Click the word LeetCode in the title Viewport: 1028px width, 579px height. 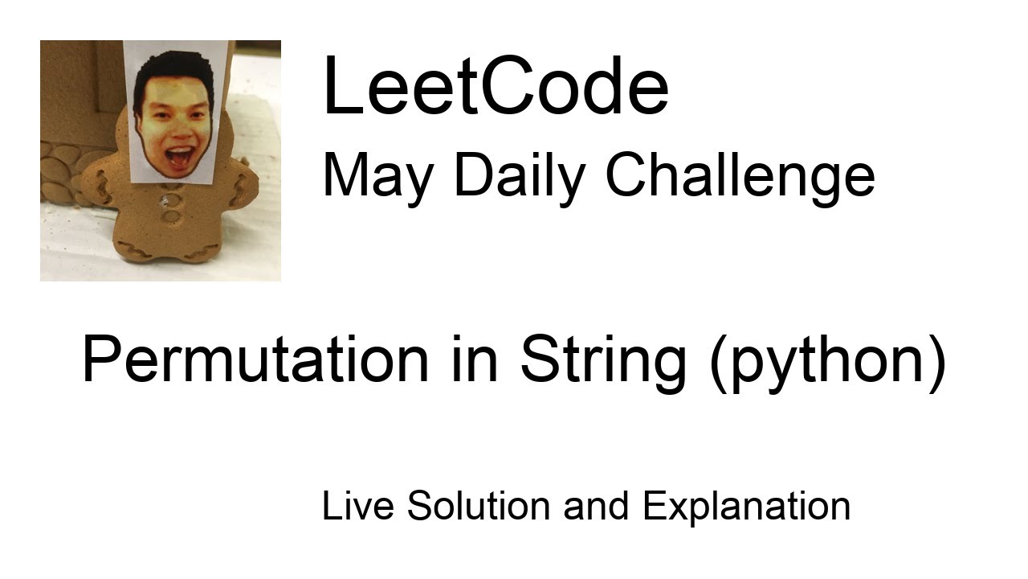[x=495, y=86]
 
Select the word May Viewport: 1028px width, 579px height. [x=375, y=175]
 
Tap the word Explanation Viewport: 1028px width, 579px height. [x=746, y=506]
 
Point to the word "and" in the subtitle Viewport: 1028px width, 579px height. [x=597, y=506]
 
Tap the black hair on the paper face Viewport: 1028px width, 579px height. [x=173, y=68]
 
